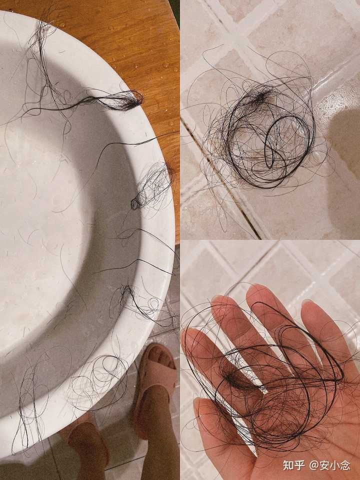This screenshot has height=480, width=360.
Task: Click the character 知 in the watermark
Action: pyautogui.click(x=288, y=465)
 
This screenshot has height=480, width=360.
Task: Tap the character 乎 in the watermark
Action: pyautogui.click(x=299, y=465)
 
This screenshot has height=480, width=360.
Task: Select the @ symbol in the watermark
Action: pyautogui.click(x=314, y=466)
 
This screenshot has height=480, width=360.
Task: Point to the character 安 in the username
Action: pyautogui.click(x=325, y=465)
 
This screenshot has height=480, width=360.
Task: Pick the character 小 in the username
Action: pyautogui.click(x=335, y=465)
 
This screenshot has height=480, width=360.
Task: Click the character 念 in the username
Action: pyautogui.click(x=345, y=465)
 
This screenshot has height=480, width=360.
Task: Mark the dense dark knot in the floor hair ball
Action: pyautogui.click(x=260, y=96)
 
